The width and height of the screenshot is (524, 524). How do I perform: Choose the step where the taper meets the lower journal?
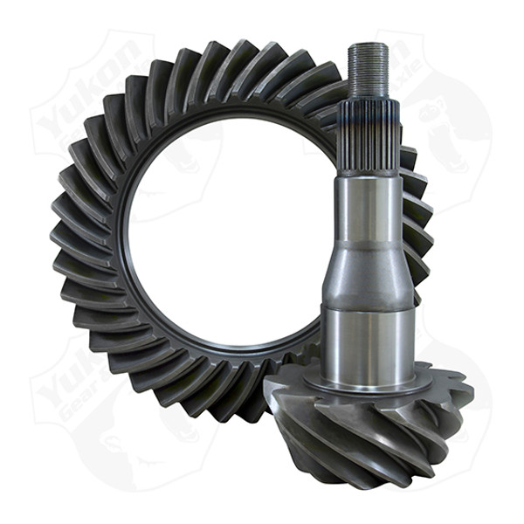pyautogui.click(x=367, y=306)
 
